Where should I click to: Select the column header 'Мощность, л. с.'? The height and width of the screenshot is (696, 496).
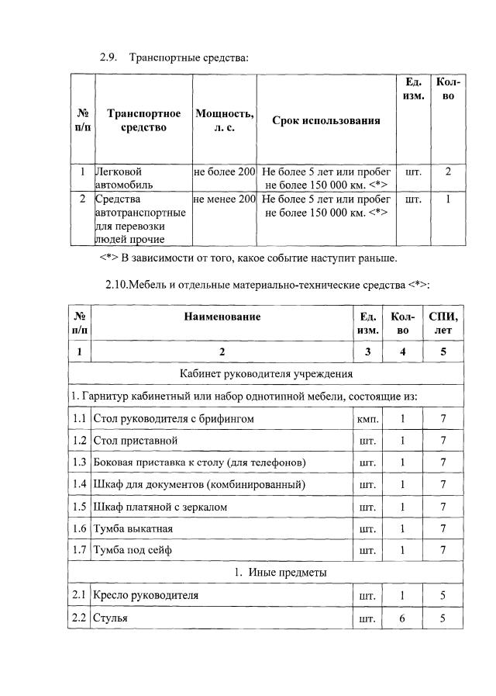(x=224, y=120)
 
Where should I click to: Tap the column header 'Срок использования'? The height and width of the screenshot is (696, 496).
(x=325, y=120)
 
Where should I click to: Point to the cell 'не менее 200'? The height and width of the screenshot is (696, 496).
(x=224, y=199)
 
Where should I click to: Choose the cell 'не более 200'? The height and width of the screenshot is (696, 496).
(x=224, y=171)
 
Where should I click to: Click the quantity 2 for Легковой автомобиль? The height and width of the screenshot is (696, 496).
(x=447, y=171)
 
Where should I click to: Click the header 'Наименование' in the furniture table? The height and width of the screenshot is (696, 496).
(x=222, y=316)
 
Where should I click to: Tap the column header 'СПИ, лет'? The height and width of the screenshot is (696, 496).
(x=443, y=323)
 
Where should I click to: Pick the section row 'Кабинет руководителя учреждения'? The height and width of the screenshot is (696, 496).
(x=266, y=373)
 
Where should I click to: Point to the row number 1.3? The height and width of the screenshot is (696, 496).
(x=78, y=462)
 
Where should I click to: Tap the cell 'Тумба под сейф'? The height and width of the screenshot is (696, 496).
(x=132, y=550)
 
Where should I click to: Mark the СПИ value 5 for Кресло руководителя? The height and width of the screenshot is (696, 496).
(x=443, y=596)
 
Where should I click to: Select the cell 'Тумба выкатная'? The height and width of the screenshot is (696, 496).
(x=133, y=528)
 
